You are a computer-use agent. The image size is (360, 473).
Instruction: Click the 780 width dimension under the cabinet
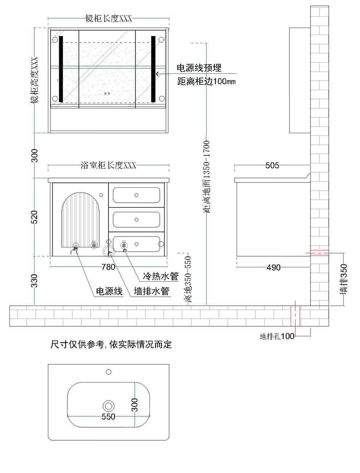pos(108,267)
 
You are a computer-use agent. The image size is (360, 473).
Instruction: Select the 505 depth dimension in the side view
pos(272,165)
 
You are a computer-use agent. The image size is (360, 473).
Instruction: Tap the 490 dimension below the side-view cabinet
pos(273,267)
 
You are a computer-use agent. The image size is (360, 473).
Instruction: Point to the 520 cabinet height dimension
pos(35,217)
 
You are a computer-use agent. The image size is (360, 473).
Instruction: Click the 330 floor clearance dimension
pos(35,281)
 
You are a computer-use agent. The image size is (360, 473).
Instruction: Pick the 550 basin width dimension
pos(108,417)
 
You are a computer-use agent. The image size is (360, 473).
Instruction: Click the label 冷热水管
pos(161,276)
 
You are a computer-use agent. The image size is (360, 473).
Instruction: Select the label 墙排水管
pos(152,291)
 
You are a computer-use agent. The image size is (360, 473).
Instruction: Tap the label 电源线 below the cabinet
pos(109,291)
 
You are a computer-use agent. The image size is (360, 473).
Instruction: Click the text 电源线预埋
pos(199,68)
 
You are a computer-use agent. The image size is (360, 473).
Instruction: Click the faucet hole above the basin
pos(109,372)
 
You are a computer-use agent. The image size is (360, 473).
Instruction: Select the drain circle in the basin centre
pos(108,406)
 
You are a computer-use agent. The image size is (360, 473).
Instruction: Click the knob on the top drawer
pos(136,195)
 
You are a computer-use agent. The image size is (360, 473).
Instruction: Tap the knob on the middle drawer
pos(136,220)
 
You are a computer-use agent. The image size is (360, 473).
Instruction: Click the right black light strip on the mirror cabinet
pos(153,69)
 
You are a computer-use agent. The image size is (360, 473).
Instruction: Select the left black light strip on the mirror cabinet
pos(61,69)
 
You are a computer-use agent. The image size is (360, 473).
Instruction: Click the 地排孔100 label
pos(277,336)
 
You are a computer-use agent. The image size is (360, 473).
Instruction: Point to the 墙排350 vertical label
pos(343,279)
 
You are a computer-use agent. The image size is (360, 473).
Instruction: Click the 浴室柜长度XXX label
pos(108,165)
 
